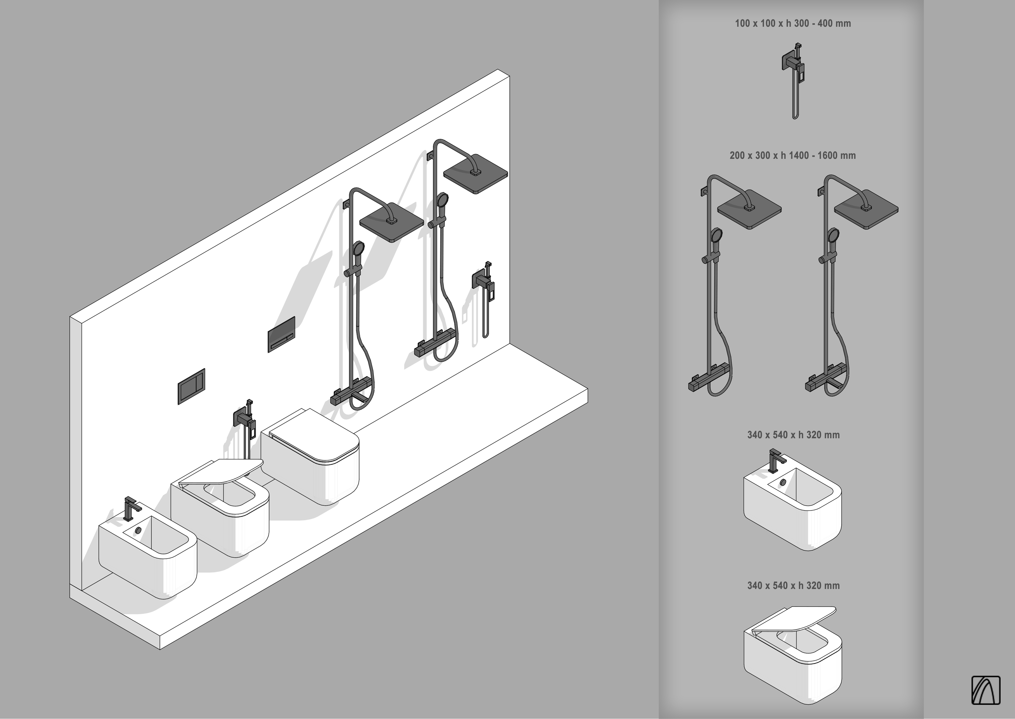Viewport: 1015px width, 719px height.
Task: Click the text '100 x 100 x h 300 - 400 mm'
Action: point(793,24)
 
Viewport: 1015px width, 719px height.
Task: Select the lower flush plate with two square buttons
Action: point(191,386)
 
